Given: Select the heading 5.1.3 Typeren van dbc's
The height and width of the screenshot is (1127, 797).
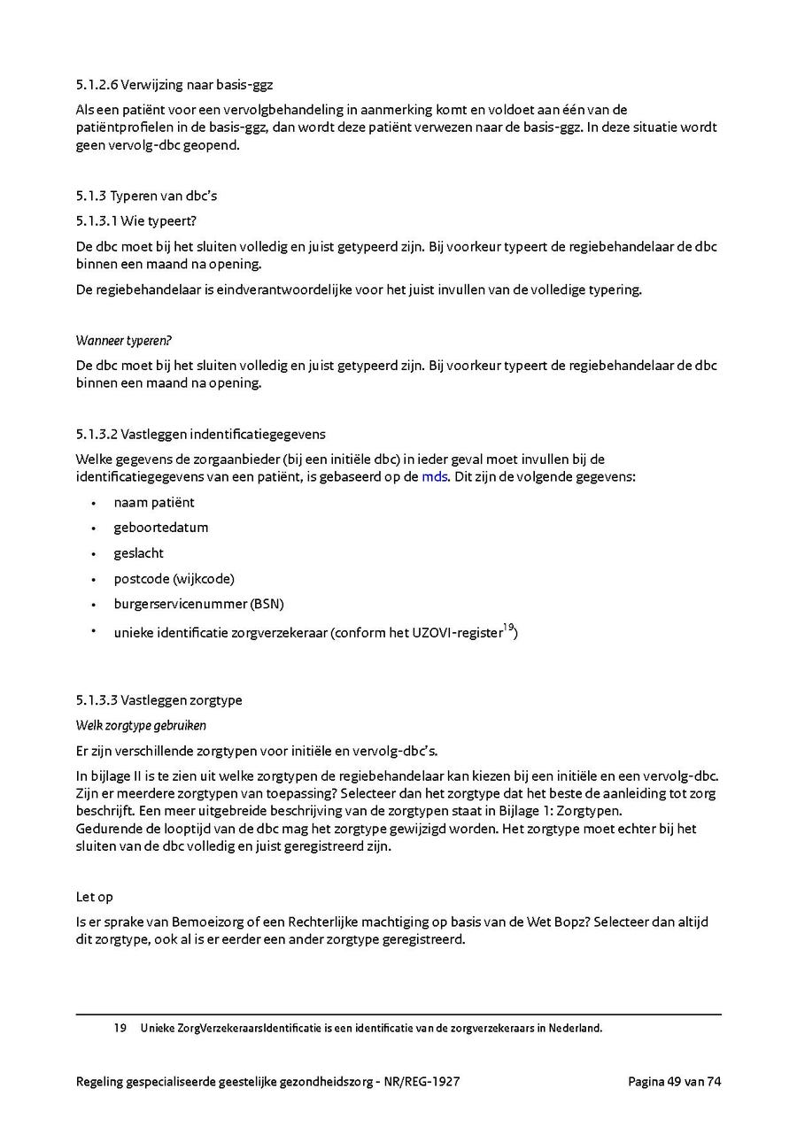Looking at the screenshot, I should [x=146, y=196].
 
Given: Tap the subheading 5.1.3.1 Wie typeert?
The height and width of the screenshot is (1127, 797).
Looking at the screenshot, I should [x=135, y=220].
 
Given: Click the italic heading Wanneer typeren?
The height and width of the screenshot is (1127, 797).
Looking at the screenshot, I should [x=123, y=341].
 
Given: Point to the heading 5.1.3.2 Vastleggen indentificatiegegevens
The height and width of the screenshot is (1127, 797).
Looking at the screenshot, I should [x=200, y=434].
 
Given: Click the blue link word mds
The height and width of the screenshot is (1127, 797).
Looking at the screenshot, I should [x=434, y=476].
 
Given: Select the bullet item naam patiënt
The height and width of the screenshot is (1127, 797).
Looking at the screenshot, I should [x=154, y=502].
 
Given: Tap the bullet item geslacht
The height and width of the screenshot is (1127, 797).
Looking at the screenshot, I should [x=138, y=553].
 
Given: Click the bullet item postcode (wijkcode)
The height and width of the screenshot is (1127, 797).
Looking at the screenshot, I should [x=174, y=579].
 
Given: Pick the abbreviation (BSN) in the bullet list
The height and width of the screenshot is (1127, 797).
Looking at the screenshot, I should [x=267, y=604].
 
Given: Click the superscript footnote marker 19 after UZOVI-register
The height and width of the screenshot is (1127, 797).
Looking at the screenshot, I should [x=508, y=628].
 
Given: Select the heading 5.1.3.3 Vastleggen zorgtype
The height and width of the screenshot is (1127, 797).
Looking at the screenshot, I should [x=159, y=700].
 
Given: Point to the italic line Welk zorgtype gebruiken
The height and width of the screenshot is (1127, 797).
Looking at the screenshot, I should [x=141, y=725].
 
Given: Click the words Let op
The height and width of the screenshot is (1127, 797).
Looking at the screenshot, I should [x=95, y=897].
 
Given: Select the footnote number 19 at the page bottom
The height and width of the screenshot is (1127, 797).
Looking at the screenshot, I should [x=120, y=1028].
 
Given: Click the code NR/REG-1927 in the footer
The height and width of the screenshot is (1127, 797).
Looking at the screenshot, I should [x=422, y=1081].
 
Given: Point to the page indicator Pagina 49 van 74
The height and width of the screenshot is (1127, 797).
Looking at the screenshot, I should [x=674, y=1081].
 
